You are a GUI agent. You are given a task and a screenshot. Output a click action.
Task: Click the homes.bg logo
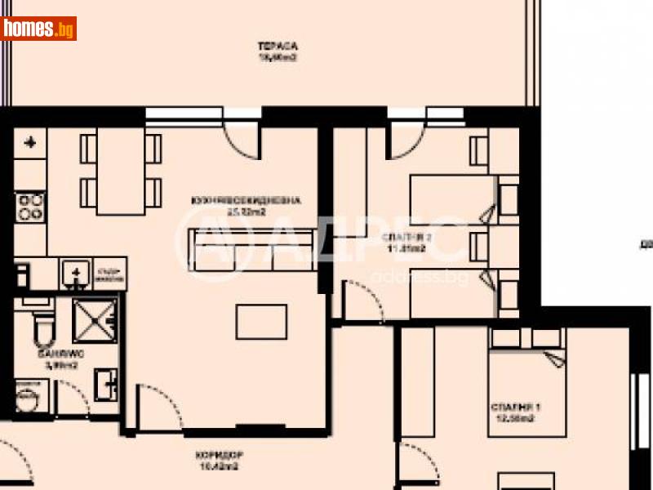39,29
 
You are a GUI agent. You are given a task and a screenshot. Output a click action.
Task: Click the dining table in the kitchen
120,171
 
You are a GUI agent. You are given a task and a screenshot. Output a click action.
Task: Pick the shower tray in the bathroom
95,319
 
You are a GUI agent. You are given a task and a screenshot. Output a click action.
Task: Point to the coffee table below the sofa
261,321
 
